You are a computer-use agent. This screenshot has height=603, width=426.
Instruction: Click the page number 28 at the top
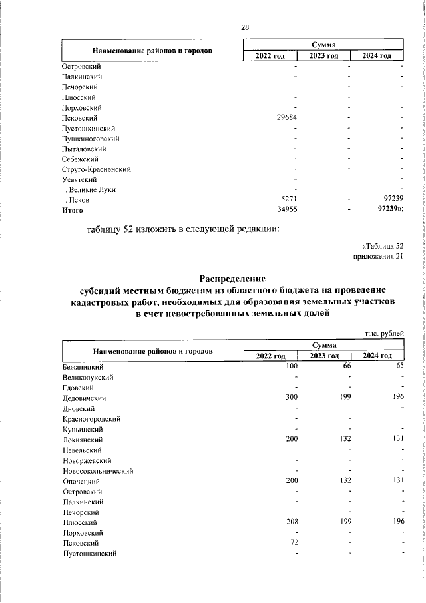(245, 27)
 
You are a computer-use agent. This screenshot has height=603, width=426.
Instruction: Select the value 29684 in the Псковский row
(286, 118)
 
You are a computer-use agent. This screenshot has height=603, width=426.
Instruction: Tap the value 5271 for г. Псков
(288, 200)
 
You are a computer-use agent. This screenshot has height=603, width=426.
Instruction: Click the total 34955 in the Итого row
(286, 211)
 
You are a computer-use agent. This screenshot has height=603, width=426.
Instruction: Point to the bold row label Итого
(72, 211)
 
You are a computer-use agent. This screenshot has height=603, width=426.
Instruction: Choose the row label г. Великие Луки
(89, 190)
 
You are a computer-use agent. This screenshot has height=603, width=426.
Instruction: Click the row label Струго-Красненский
(96, 169)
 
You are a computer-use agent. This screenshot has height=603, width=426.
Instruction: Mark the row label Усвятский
(80, 179)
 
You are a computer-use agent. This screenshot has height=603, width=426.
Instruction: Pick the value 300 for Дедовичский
(291, 398)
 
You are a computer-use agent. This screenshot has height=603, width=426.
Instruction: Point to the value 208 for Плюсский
(291, 523)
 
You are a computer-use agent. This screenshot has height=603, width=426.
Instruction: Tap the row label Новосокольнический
(98, 471)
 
